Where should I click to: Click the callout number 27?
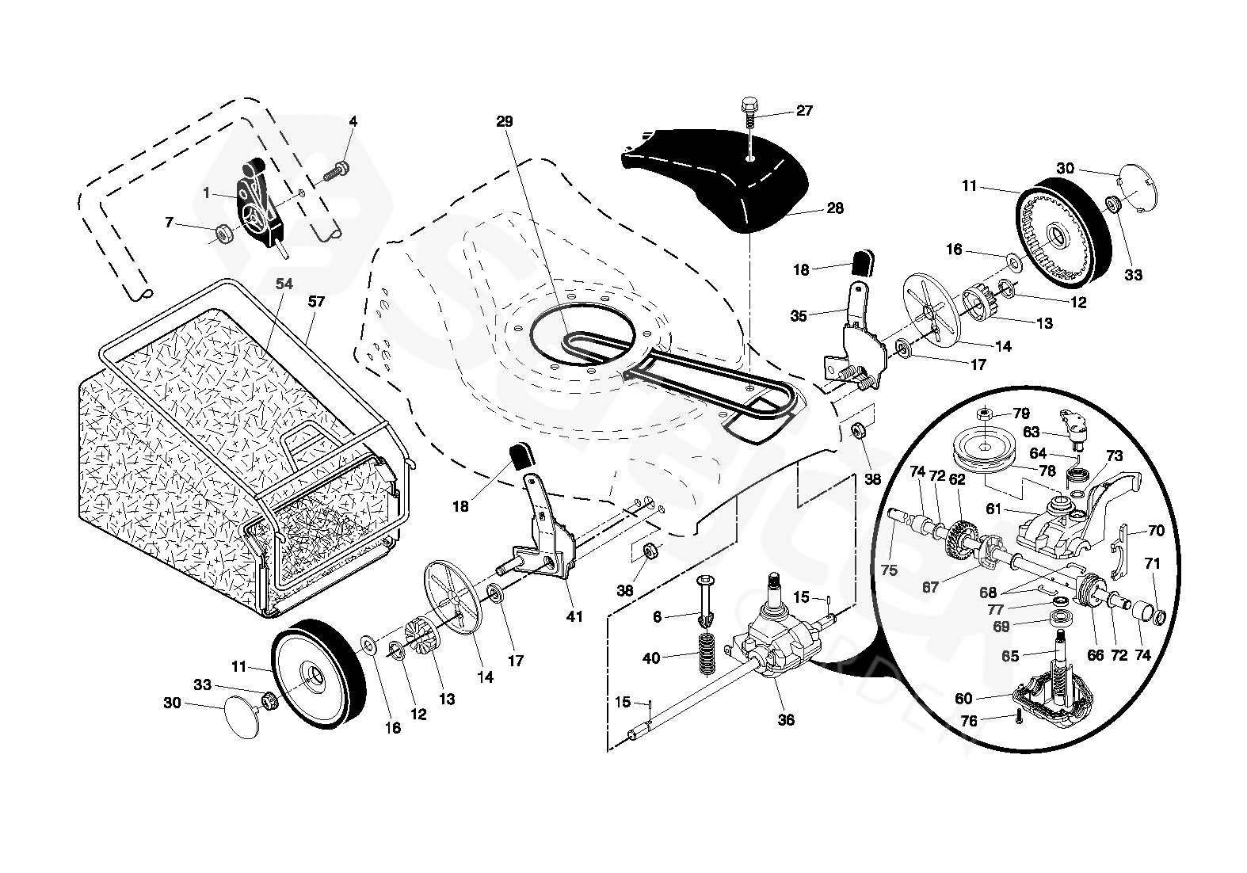804,111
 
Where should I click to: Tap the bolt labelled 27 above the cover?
749,111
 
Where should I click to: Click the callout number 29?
505,122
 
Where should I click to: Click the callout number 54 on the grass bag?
284,284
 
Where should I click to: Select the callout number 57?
317,302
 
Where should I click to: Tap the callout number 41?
574,616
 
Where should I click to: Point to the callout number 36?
786,720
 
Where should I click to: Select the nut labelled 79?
983,414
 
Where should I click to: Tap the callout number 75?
889,570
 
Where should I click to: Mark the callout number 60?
963,698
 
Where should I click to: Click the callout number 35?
799,316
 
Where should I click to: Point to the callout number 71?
1152,564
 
